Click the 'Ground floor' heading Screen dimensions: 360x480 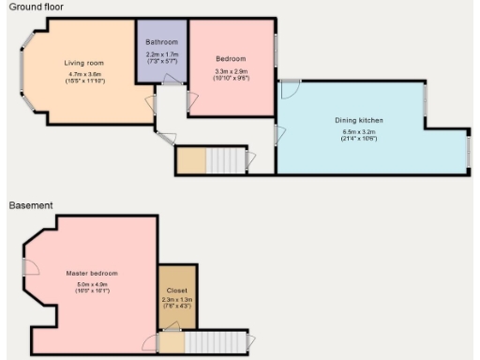click(x=33, y=7)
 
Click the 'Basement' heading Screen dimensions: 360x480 click(x=29, y=204)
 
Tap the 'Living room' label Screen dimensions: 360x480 click(x=83, y=63)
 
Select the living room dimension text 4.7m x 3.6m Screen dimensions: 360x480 click(x=83, y=74)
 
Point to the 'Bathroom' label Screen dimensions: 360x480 click(x=161, y=43)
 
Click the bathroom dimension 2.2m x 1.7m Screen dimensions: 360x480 click(x=161, y=54)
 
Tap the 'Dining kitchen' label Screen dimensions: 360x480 click(x=359, y=121)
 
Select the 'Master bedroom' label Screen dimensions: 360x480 click(x=92, y=273)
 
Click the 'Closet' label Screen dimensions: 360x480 click(x=172, y=291)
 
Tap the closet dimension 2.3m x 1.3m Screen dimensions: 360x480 click(x=172, y=300)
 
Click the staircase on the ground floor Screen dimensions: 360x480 click(x=225, y=160)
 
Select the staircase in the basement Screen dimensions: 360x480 click(x=217, y=342)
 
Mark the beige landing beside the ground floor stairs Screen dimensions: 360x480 click(x=190, y=160)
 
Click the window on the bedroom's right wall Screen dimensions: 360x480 click(x=276, y=52)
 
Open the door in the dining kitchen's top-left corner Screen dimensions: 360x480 click(x=289, y=89)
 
